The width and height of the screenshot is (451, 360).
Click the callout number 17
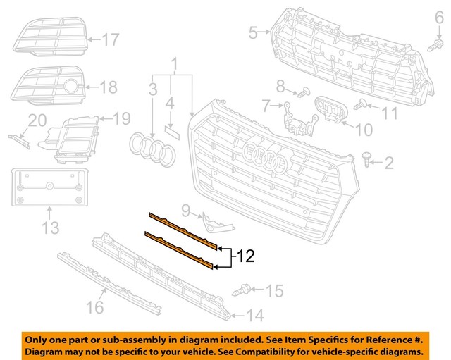tap(111, 40)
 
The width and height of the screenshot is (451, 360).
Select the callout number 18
tap(109, 87)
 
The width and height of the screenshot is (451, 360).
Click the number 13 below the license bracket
tap(50, 228)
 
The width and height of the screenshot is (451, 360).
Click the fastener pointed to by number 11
tap(364, 106)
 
